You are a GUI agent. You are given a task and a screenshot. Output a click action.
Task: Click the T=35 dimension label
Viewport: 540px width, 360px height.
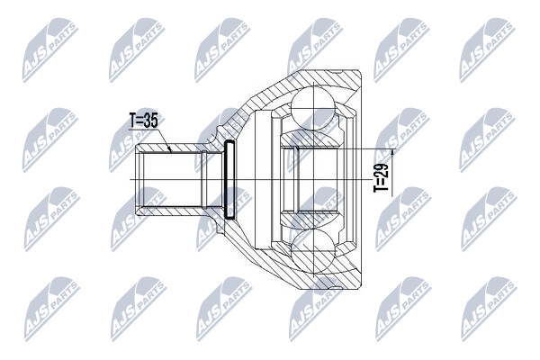point(143,121)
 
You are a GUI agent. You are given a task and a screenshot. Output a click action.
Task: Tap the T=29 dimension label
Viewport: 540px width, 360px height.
point(382,178)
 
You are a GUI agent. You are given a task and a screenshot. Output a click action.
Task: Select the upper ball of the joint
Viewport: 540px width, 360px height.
point(313,108)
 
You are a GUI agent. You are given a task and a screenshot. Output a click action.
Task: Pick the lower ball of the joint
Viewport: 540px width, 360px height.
point(313,251)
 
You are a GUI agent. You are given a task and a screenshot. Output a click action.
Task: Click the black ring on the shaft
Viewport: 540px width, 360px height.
point(229,179)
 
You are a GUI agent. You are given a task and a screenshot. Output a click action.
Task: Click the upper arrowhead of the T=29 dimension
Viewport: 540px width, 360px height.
point(392,152)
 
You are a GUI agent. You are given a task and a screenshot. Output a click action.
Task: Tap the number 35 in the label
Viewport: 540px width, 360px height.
point(150,121)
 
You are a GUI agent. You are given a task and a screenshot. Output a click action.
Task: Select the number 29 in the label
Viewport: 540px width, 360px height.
point(382,170)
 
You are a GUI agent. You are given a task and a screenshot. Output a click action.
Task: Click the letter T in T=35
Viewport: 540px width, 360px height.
point(132,121)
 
